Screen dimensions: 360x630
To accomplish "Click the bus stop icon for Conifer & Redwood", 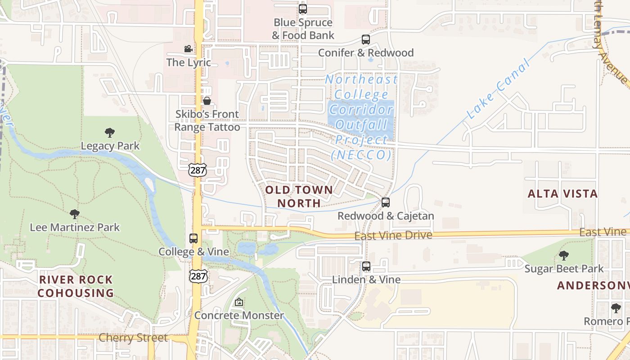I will (366, 40).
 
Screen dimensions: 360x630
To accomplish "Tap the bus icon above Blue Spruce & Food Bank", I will (303, 9).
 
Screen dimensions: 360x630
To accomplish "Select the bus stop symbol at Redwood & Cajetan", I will (386, 202).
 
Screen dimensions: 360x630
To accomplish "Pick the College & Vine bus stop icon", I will (193, 238).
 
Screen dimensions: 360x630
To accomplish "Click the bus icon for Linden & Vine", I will (366, 266).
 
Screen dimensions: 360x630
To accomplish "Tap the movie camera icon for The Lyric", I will (188, 49).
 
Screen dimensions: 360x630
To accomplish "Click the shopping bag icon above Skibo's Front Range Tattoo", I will (207, 100).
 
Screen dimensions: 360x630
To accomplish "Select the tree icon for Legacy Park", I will (109, 133).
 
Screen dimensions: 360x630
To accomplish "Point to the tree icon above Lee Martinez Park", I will (75, 214).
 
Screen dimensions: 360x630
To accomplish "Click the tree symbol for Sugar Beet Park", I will (564, 256).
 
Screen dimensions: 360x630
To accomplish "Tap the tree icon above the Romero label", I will (616, 308).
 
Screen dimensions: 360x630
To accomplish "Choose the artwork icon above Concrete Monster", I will (239, 302).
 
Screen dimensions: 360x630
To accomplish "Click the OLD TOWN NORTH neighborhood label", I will (299, 197).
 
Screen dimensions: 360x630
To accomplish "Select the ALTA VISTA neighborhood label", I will (562, 194).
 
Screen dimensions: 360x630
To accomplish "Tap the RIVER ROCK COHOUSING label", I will (76, 286).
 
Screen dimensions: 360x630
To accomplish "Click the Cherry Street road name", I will (133, 337).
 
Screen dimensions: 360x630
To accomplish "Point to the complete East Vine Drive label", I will (393, 235).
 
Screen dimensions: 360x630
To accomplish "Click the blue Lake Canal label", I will (498, 91).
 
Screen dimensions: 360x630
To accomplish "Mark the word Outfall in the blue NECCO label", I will (361, 124).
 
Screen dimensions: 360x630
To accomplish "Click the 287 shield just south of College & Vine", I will (198, 276).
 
